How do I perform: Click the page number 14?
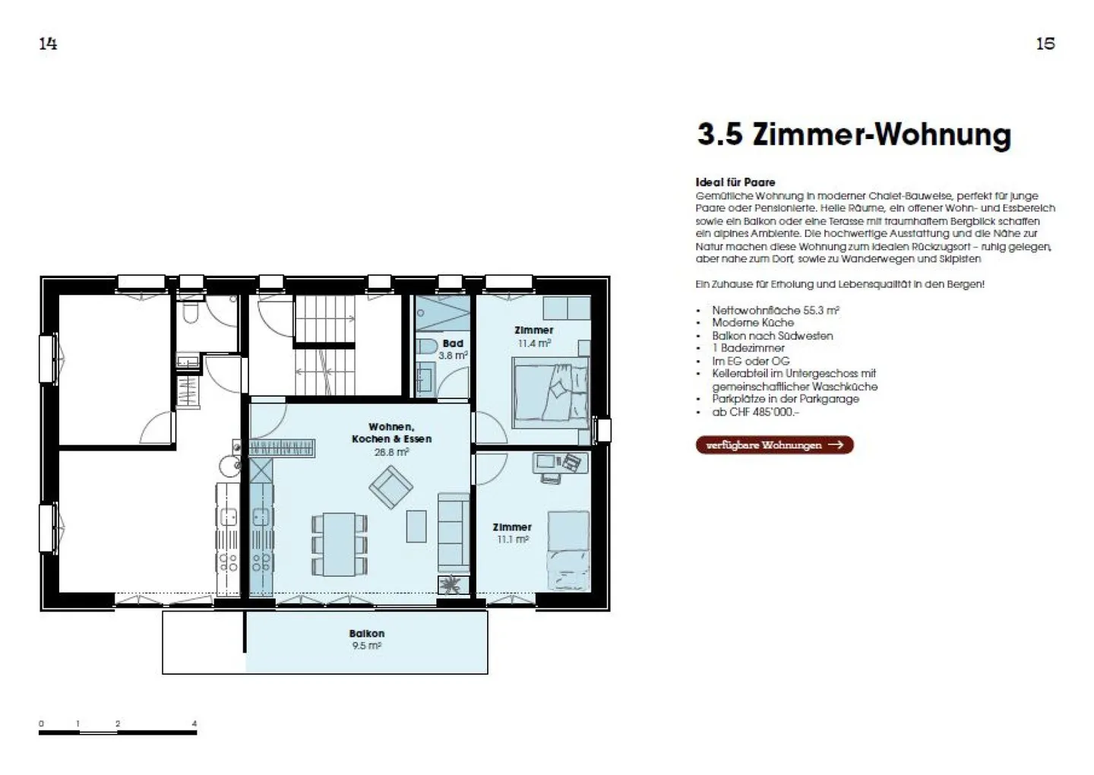48,43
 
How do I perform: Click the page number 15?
1045,43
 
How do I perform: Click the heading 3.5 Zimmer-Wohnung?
854,134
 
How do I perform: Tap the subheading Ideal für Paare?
735,182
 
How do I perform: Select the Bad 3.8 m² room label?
453,350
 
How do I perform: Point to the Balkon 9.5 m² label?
367,639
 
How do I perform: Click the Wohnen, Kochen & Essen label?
391,439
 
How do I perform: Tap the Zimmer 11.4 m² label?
534,337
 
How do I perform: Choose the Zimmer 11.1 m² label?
512,533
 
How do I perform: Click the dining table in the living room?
339,544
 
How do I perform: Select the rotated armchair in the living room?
390,486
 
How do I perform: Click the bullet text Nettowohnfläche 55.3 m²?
775,310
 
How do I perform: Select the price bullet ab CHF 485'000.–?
755,412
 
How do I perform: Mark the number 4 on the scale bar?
194,723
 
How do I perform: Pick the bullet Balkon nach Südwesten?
772,336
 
